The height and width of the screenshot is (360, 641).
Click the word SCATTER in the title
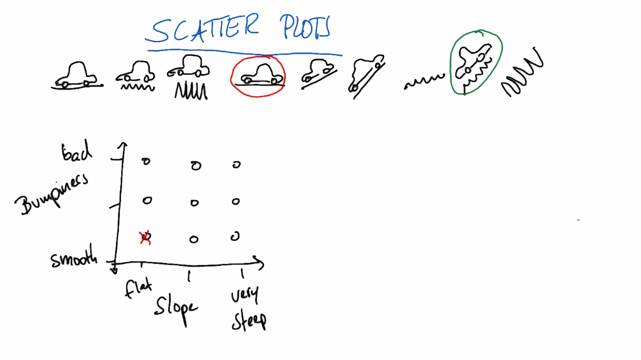(x=202, y=29)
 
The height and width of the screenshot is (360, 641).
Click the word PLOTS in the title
(x=306, y=27)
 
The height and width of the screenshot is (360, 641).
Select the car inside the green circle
(x=473, y=62)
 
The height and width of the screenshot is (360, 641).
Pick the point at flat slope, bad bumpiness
(x=146, y=162)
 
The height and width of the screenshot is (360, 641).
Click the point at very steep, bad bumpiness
(x=236, y=164)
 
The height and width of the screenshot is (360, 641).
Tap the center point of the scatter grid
(x=195, y=203)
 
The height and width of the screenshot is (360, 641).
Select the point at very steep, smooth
(x=235, y=236)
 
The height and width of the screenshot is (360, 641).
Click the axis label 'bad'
(x=76, y=151)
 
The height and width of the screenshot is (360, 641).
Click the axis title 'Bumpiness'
(x=51, y=195)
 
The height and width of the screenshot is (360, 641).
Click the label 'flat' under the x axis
(x=138, y=289)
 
